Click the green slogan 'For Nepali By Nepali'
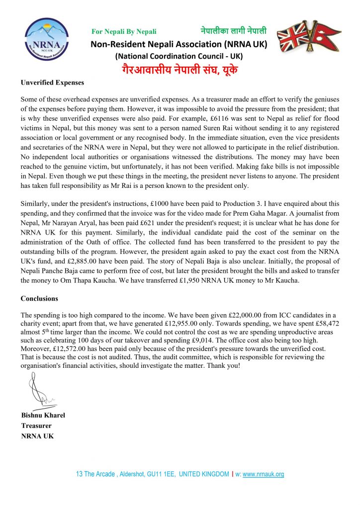pos(124,32)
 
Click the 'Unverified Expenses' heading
pos(52,83)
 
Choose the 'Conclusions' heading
pos(39,299)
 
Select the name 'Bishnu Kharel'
pos(43,416)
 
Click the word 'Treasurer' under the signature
pos(36,426)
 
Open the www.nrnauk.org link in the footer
pos(263,474)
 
